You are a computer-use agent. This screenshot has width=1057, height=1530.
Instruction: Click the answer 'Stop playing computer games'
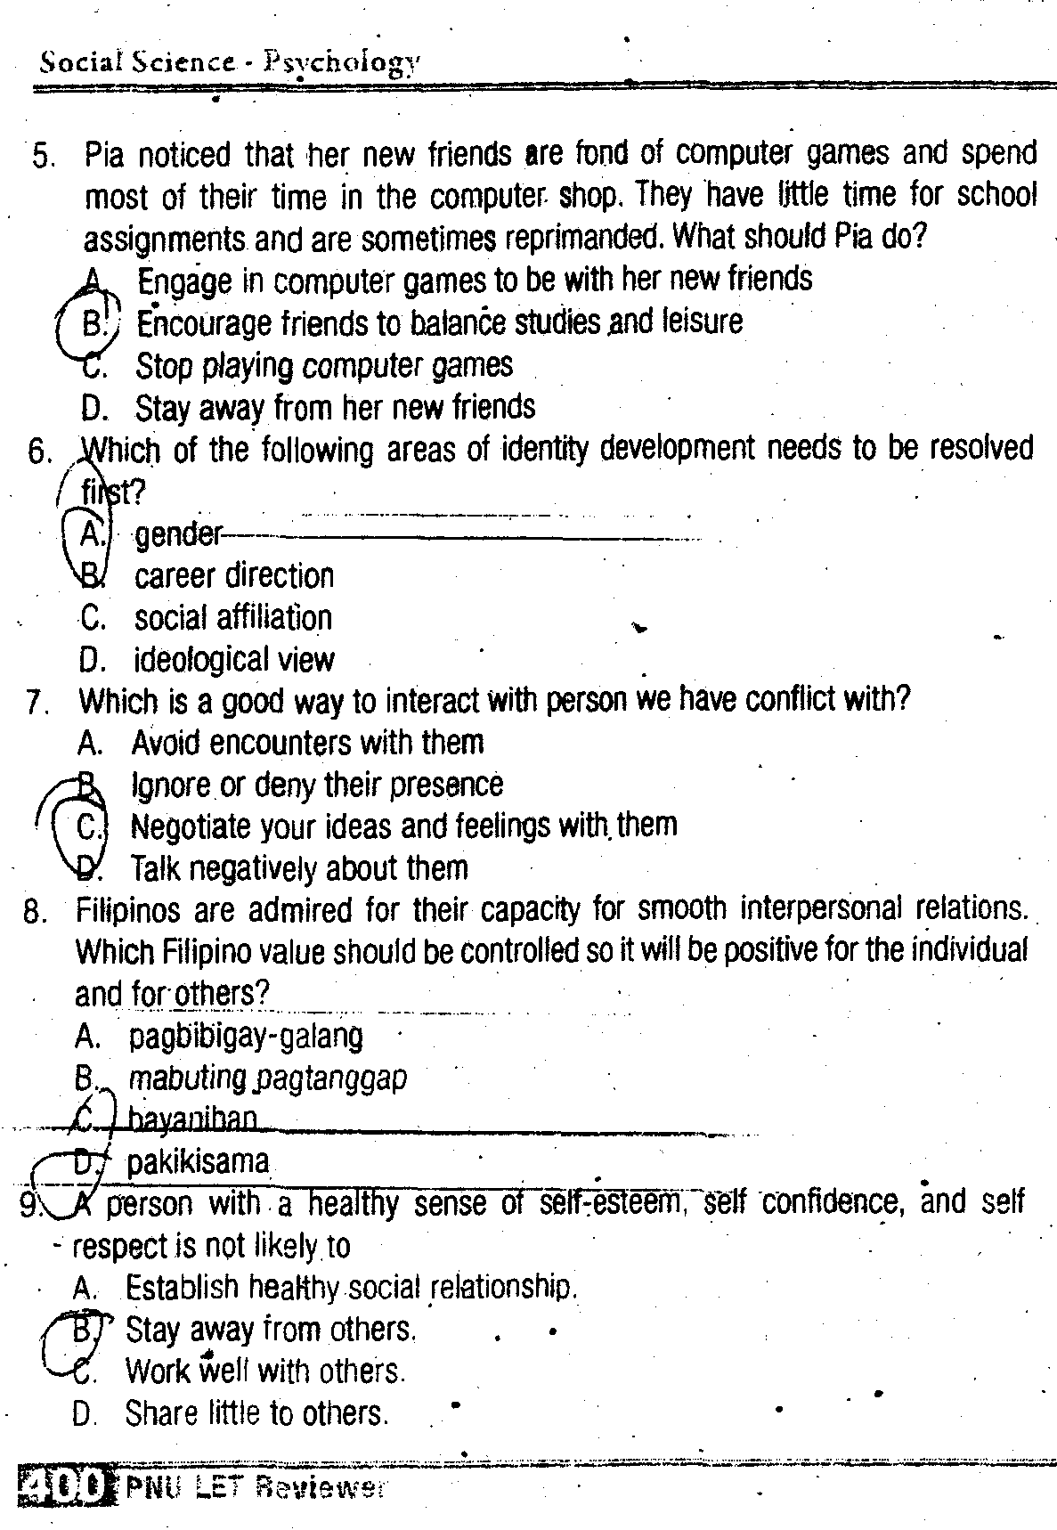[x=324, y=365]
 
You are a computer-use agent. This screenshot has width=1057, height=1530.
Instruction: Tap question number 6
[x=40, y=452]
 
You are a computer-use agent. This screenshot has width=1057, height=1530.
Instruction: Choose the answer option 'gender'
[x=177, y=534]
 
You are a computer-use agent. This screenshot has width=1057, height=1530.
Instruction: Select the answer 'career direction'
[x=234, y=576]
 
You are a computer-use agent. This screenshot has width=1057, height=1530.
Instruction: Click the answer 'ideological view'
[x=234, y=660]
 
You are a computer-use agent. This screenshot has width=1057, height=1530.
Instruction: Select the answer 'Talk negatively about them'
[x=299, y=868]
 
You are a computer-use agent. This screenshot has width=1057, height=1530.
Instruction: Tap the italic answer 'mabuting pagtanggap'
[x=268, y=1078]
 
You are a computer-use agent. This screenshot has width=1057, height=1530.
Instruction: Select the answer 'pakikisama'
[x=198, y=1162]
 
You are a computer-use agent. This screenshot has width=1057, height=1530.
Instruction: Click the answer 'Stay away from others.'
[x=271, y=1330]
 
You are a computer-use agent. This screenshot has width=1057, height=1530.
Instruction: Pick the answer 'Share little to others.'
[x=256, y=1413]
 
